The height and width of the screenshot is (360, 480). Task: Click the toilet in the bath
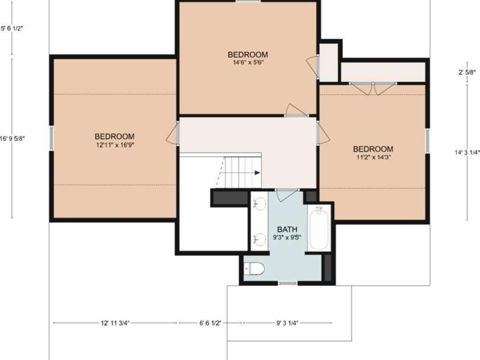pyautogui.click(x=255, y=269)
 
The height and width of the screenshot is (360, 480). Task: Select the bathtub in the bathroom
pyautogui.click(x=319, y=228)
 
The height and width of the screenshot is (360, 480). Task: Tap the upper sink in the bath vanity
pyautogui.click(x=260, y=203)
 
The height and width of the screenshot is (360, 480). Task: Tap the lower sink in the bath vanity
pyautogui.click(x=260, y=239)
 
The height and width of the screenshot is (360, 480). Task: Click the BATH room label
pyautogui.click(x=287, y=230)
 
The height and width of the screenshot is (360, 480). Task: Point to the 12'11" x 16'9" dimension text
pyautogui.click(x=115, y=145)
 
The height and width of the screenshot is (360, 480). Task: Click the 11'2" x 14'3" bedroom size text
pyautogui.click(x=373, y=157)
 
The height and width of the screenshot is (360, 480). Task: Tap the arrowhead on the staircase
pyautogui.click(x=257, y=173)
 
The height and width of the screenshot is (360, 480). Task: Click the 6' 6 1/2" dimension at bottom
pyautogui.click(x=210, y=323)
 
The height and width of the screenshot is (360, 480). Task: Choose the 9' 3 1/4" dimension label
pyautogui.click(x=287, y=323)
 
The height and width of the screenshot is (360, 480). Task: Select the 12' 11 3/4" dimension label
pyautogui.click(x=115, y=323)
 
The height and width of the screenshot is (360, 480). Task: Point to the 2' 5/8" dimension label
pyautogui.click(x=467, y=72)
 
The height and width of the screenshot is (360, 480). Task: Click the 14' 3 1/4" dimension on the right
pyautogui.click(x=467, y=153)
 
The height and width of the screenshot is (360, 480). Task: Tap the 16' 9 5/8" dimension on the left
pyautogui.click(x=13, y=138)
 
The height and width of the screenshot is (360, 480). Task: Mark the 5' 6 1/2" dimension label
pyautogui.click(x=12, y=28)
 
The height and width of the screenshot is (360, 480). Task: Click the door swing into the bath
pyautogui.click(x=287, y=195)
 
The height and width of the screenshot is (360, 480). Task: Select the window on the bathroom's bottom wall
pyautogui.click(x=288, y=283)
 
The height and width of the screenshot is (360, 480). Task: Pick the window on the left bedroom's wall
pyautogui.click(x=51, y=138)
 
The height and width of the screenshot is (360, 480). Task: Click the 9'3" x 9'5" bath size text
pyautogui.click(x=287, y=237)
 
